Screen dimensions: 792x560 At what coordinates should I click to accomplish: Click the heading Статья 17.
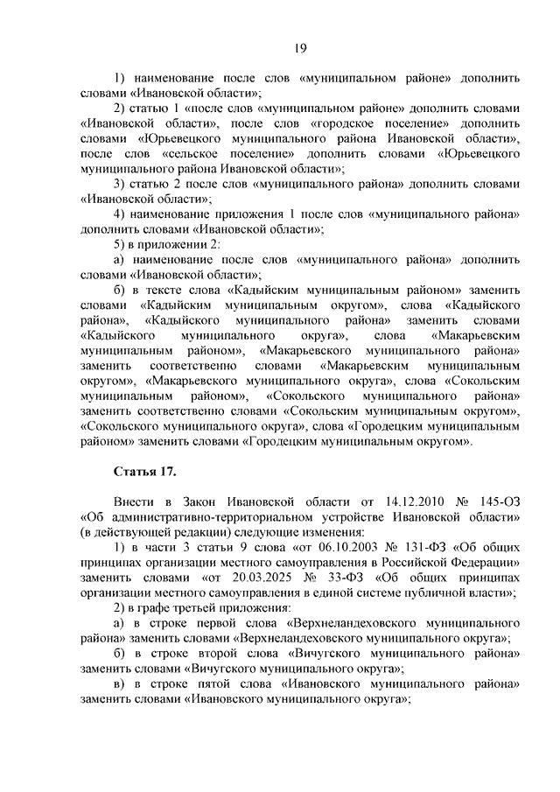tap(145, 472)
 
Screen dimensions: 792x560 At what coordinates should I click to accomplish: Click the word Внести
tap(136, 501)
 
